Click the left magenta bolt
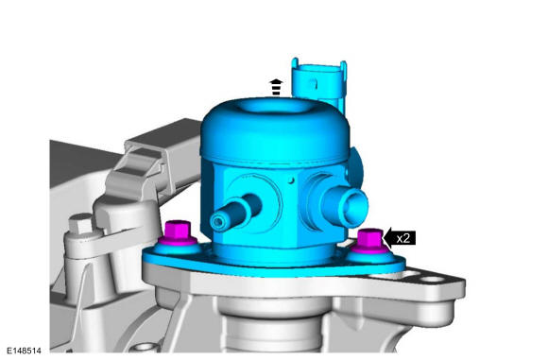[179, 232]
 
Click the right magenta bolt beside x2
[369, 240]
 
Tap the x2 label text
[402, 238]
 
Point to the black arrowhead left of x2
[388, 238]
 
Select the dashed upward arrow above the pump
[276, 87]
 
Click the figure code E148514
[25, 351]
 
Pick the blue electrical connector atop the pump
[319, 83]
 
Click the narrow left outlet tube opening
[218, 222]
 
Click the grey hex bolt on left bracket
[80, 224]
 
